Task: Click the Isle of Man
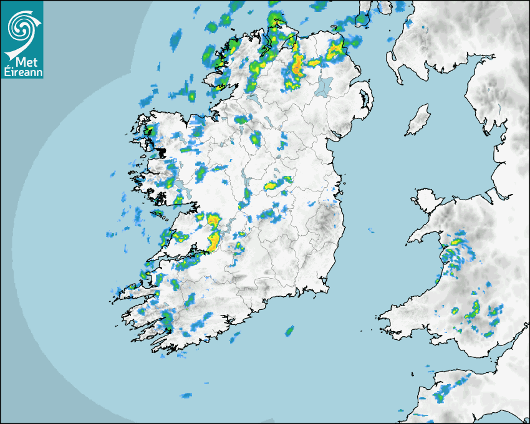coord(418,120)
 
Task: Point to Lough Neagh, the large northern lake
coord(323,86)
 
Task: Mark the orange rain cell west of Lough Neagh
coord(297,65)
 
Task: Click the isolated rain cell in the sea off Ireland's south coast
coord(289,330)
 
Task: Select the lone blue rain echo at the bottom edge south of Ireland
coord(186,395)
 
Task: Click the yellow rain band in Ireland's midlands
coord(274,184)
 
